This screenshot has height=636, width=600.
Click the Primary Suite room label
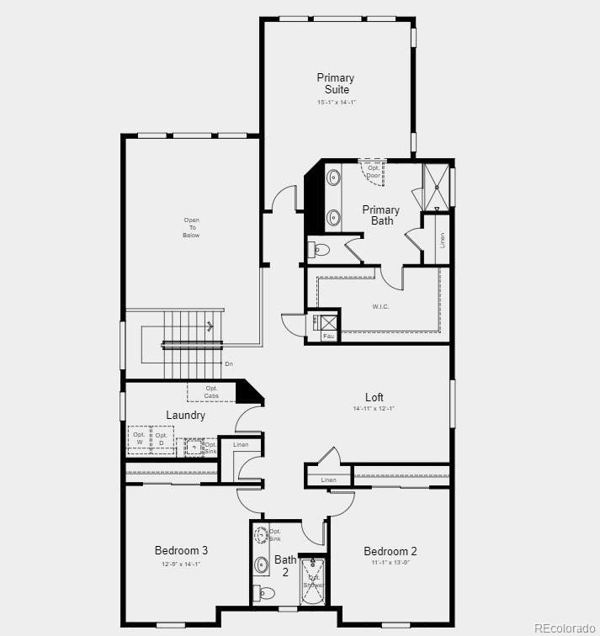click(x=335, y=83)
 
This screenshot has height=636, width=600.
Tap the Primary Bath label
click(x=381, y=215)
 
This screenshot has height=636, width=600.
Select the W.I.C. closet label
click(x=380, y=306)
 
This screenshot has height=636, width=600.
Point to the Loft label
click(x=374, y=397)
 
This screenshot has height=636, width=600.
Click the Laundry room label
click(x=185, y=416)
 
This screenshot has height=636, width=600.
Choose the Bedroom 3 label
click(x=181, y=551)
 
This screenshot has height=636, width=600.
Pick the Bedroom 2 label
click(x=390, y=552)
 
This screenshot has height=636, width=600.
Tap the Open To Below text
click(x=192, y=228)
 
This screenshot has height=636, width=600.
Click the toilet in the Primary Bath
click(x=321, y=249)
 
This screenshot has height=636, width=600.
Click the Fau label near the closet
click(x=328, y=336)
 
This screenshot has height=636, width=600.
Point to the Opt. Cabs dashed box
click(x=210, y=392)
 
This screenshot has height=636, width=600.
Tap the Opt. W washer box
click(x=140, y=438)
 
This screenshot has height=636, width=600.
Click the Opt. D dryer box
click(x=162, y=438)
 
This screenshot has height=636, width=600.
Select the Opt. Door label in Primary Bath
click(x=373, y=172)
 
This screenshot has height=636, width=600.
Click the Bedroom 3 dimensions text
click(x=181, y=564)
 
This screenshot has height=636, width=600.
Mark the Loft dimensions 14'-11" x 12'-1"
click(x=374, y=409)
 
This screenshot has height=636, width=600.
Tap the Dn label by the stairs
click(x=228, y=363)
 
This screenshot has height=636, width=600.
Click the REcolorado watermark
click(x=564, y=627)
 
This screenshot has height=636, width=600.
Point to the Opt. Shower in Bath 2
click(x=313, y=581)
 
